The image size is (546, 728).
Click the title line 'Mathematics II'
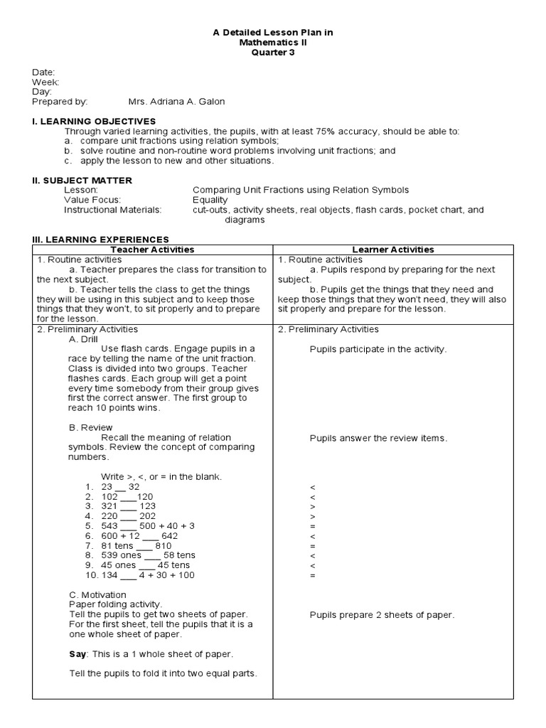[273, 43]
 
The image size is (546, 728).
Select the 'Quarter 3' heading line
[273, 53]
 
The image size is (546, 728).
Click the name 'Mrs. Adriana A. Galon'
[176, 102]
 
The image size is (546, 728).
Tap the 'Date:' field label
[43, 73]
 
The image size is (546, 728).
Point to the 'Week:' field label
[45, 82]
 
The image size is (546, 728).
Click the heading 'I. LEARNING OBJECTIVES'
[94, 122]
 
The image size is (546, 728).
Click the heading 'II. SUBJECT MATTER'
[82, 181]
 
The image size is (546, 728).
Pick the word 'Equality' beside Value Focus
[210, 200]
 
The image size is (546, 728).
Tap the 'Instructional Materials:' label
[112, 210]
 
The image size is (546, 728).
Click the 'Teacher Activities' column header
[154, 250]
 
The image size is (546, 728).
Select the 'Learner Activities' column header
[392, 250]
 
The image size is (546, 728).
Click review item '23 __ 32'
[120, 487]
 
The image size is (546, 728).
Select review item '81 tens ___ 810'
[139, 545]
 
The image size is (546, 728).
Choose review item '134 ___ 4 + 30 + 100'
[147, 575]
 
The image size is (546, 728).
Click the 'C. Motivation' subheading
[97, 594]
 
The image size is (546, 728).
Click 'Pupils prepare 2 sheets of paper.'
[382, 615]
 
